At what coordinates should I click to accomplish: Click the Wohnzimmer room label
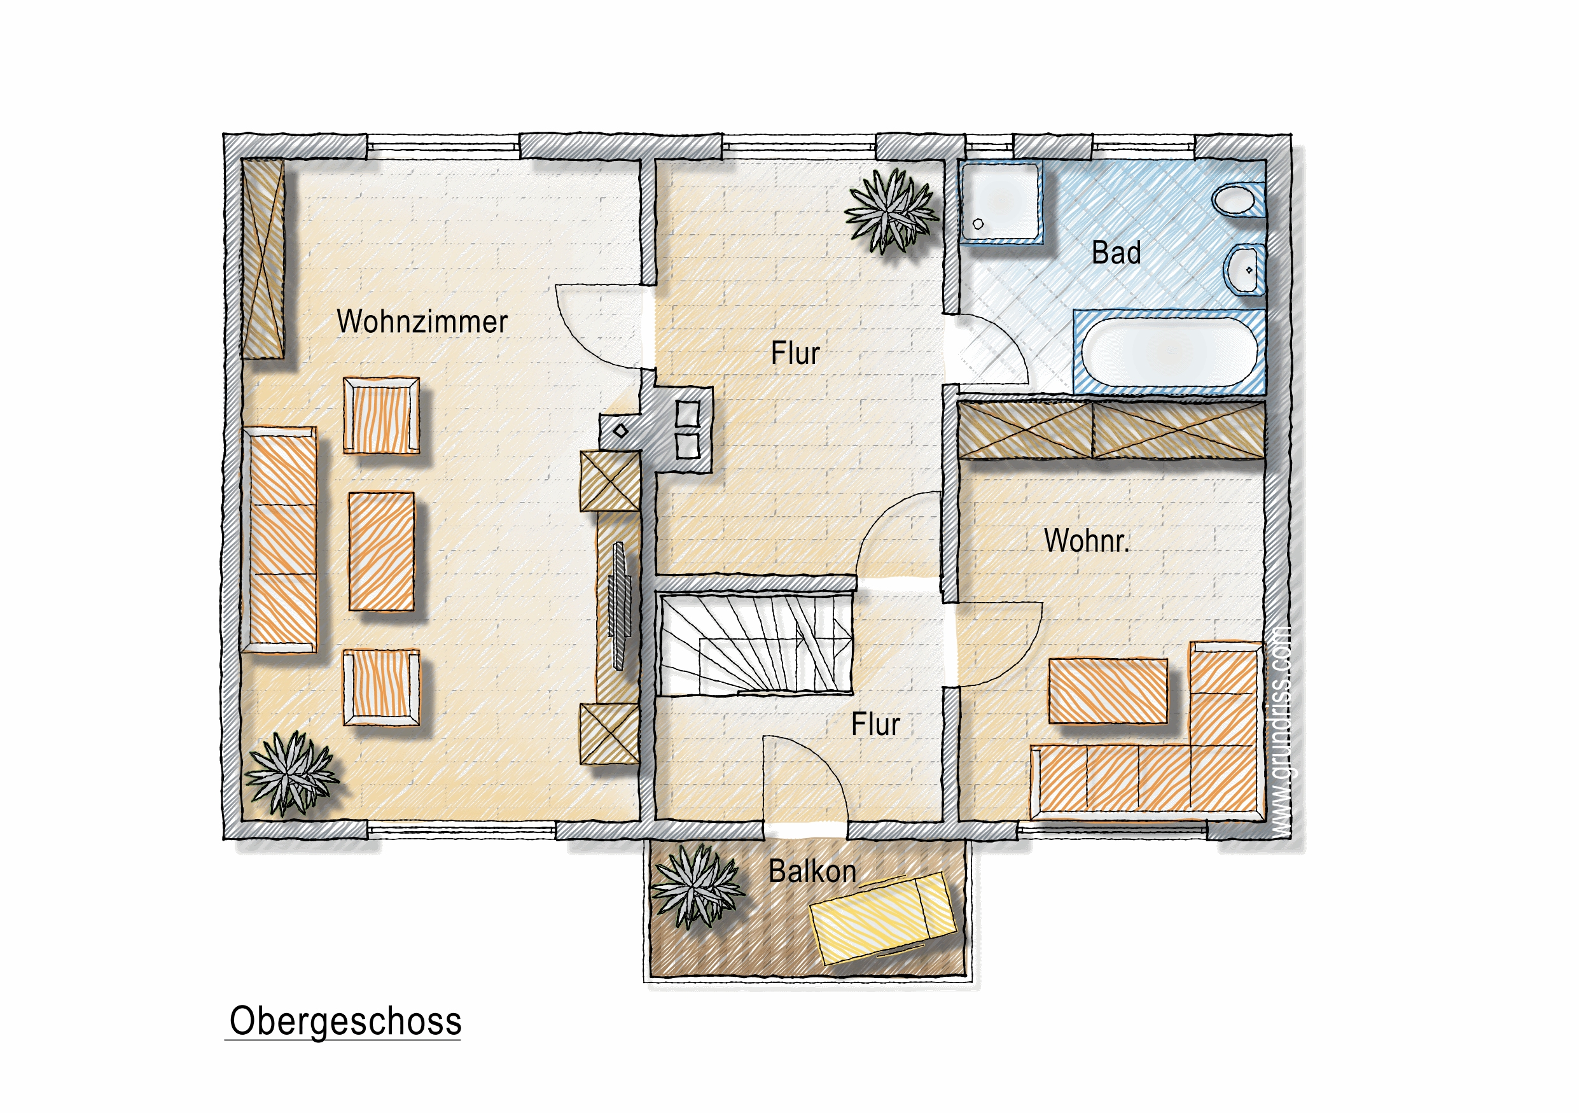(422, 322)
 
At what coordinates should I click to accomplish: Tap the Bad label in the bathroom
(1116, 253)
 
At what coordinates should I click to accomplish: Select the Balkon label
(812, 872)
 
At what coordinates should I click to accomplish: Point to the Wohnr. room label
(1087, 541)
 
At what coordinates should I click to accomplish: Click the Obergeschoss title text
(345, 1021)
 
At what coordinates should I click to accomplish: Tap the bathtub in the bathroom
(1170, 352)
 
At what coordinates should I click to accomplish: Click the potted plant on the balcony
(697, 886)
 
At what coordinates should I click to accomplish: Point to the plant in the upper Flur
(891, 211)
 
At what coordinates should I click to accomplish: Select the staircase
(756, 643)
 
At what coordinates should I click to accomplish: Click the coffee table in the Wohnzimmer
(382, 552)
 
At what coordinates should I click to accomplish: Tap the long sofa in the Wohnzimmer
(280, 540)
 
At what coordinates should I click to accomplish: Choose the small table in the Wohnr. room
(1108, 690)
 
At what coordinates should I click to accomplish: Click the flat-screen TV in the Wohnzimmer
(619, 606)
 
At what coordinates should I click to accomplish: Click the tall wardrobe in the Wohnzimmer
(262, 258)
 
